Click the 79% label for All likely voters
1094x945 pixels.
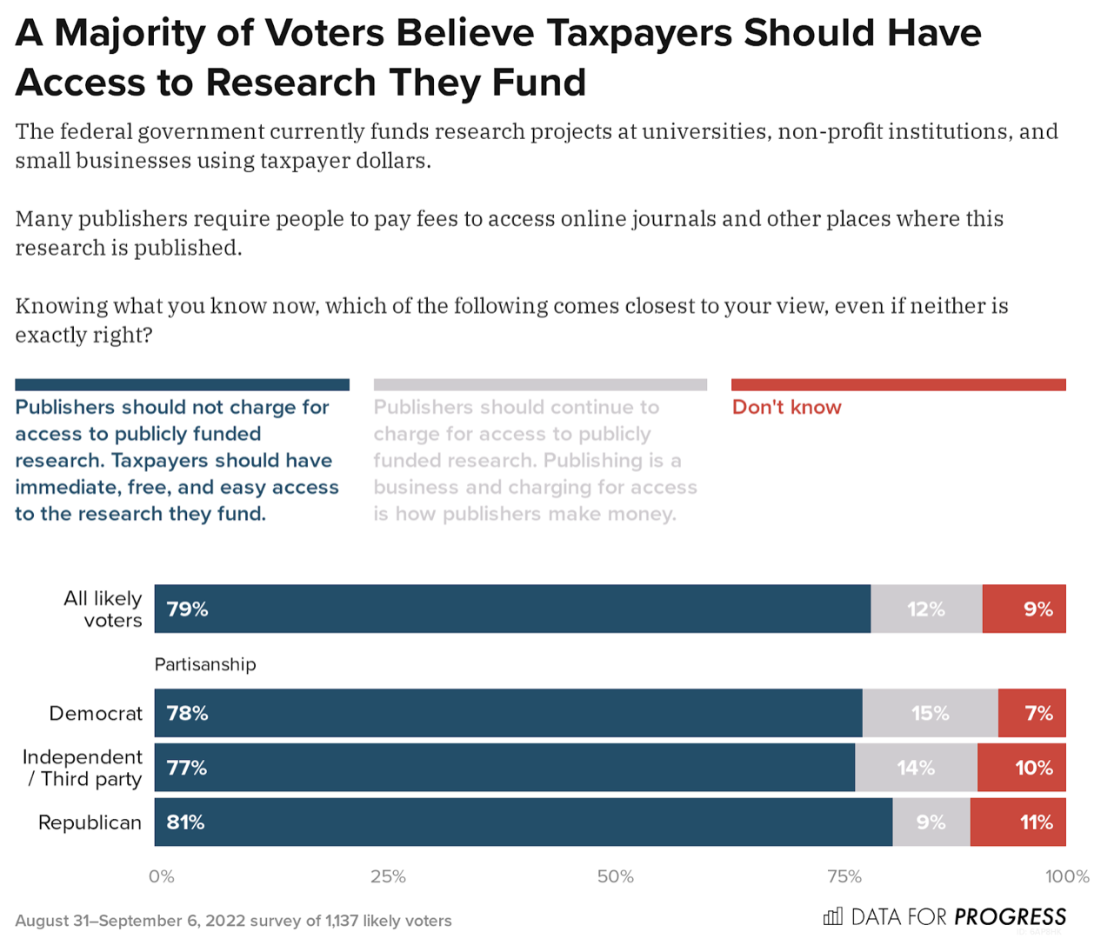[187, 609]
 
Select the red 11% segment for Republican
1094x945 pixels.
[1017, 822]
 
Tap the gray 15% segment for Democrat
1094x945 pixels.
[930, 714]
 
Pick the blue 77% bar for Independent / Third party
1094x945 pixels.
[504, 768]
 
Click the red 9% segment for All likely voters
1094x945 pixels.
[1024, 609]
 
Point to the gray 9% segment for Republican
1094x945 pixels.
[931, 822]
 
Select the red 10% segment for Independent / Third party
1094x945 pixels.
[1021, 768]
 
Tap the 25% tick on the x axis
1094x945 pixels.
[388, 876]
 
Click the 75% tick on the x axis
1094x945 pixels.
[844, 876]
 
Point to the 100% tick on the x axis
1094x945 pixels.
[1067, 876]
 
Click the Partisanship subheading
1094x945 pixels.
[205, 664]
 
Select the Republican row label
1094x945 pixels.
[90, 822]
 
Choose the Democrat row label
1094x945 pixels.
[96, 714]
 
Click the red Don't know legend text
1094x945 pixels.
[786, 407]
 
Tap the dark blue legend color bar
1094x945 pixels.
[182, 384]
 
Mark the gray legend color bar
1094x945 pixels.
[540, 384]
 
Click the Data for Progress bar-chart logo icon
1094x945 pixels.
[833, 916]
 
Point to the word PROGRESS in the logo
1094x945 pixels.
[1010, 917]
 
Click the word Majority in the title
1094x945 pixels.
[148, 33]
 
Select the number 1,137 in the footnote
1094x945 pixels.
[342, 921]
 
